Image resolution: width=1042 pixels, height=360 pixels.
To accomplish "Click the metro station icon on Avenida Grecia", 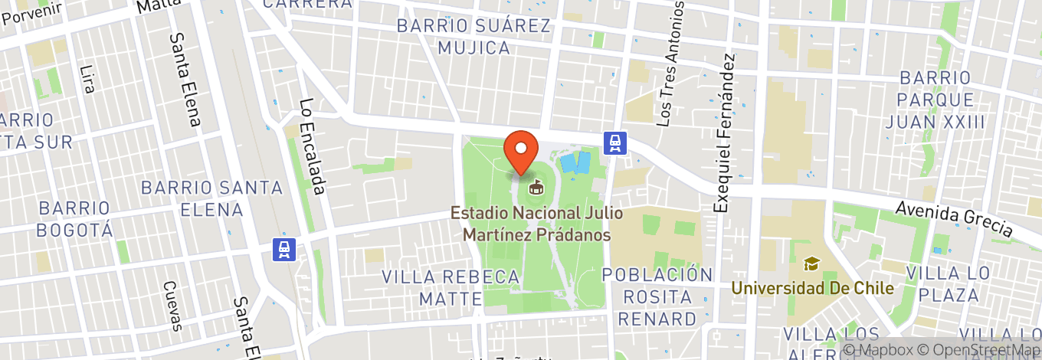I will coord(615,142).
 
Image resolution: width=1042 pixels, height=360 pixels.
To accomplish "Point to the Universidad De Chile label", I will coord(812,289).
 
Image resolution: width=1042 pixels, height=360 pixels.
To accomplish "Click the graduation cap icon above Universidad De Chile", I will coord(811,264).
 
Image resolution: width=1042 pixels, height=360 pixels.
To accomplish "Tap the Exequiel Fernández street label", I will coord(725,133).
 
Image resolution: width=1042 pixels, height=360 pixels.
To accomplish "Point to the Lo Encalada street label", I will coord(313,146).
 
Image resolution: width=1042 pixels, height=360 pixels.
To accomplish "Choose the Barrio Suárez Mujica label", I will coord(473,37).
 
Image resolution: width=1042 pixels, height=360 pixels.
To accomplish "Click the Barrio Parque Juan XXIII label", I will coord(935,100).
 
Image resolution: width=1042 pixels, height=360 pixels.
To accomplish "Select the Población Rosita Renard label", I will coord(657,296).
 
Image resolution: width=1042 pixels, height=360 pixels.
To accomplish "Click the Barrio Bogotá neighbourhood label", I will coord(75,218).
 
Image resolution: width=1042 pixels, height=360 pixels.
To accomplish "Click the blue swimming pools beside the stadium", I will coord(575,162).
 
